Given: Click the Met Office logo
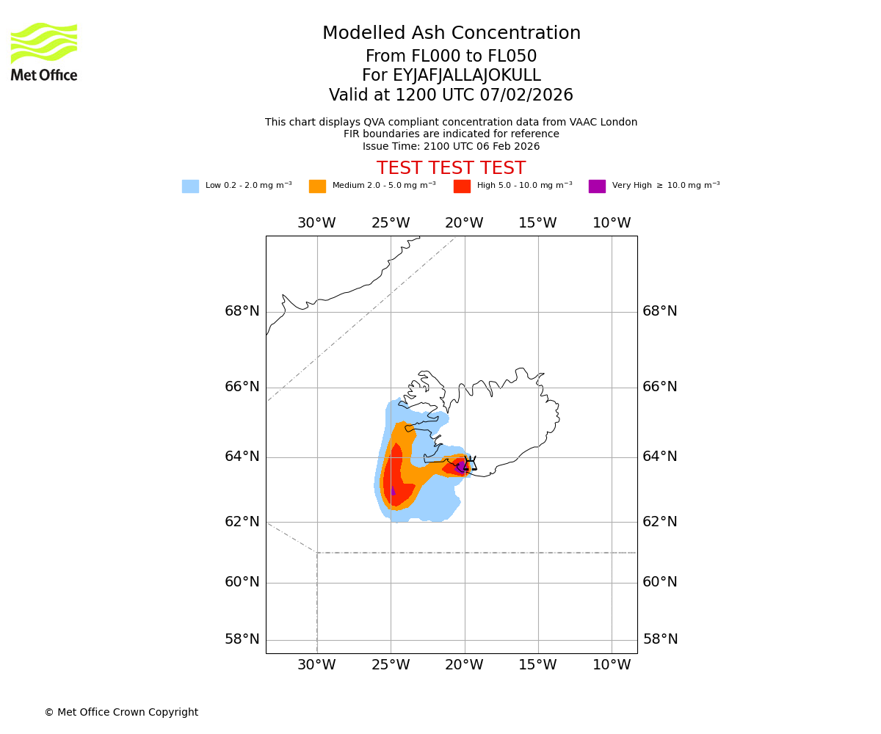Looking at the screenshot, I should pos(44,51).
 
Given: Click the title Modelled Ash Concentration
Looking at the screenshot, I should pos(452,34).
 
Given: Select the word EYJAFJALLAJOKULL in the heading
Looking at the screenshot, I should pos(467,76).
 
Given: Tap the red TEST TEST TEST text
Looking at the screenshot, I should pos(451,168).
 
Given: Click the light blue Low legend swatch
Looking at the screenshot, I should pos(190,186).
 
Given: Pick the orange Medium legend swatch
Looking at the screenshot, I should pos(317,186).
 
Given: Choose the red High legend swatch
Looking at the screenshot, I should pos(462,186).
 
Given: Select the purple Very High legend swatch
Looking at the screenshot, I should pos(597,186).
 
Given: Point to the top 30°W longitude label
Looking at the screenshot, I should pos(316,223).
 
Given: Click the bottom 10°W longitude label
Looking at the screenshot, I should pos(612,665).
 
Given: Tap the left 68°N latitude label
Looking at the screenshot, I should pos(242,311).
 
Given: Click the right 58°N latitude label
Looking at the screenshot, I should pos(660,639).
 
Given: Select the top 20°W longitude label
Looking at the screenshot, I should pos(464,223).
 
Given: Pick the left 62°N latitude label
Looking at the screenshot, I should pos(242,522).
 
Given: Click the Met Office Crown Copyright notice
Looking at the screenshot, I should pos(121,712).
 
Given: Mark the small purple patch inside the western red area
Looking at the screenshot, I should pos(393,490).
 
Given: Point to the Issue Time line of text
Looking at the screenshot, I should pos(451,146).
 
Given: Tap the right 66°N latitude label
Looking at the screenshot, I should pos(660,387).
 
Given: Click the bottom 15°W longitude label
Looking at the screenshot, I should pos(537,665).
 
